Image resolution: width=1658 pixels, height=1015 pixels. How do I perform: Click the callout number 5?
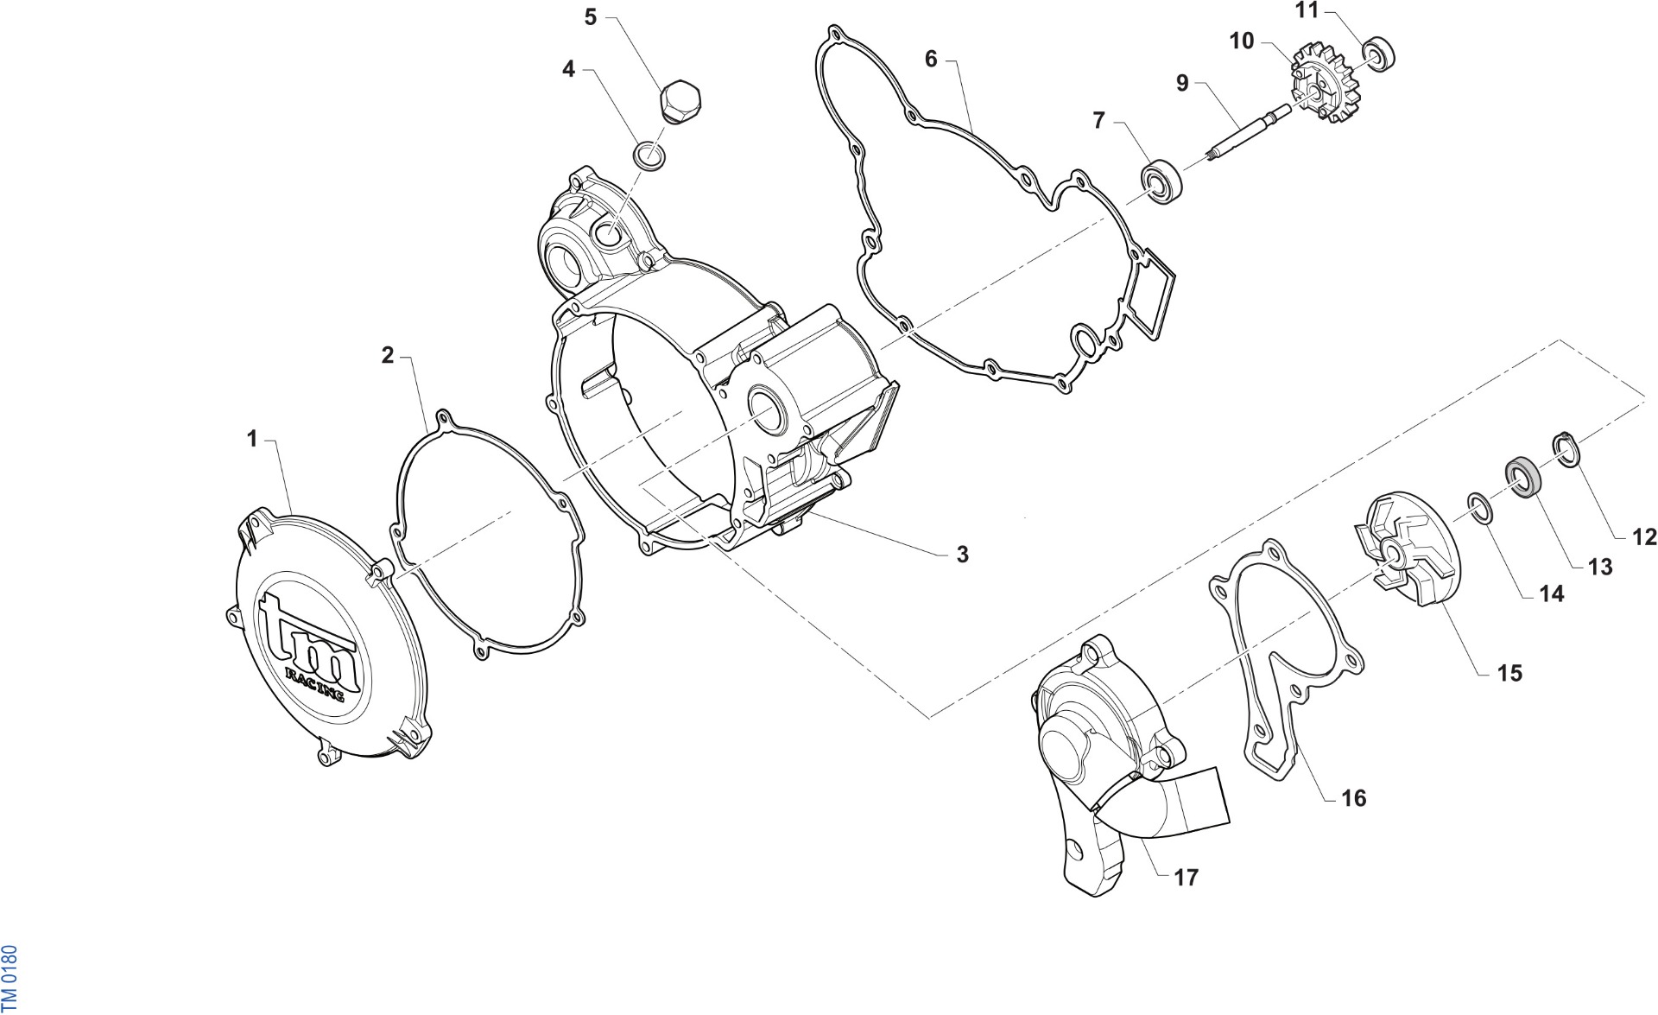[591, 17]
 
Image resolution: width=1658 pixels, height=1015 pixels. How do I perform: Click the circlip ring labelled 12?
[1566, 449]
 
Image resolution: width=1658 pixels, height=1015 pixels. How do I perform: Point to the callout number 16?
[1354, 798]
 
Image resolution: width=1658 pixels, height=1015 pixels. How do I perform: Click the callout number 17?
[1187, 878]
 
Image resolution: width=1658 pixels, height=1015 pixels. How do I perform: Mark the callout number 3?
[962, 555]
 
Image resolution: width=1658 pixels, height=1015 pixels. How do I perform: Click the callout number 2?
[388, 355]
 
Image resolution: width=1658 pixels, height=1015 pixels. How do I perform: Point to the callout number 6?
[930, 59]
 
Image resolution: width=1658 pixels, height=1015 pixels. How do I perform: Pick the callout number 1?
[252, 439]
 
